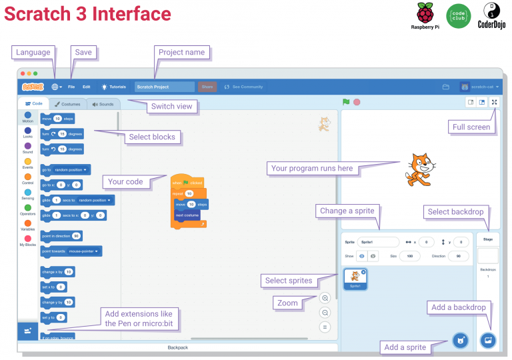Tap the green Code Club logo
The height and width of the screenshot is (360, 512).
458,15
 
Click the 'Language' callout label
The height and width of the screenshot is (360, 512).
33,52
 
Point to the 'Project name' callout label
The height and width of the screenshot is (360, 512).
182,52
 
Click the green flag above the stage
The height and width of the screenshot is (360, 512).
346,102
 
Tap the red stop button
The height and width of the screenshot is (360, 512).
357,102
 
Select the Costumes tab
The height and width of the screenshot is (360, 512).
67,104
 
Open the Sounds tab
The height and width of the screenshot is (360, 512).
103,104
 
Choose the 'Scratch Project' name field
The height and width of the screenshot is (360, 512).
164,87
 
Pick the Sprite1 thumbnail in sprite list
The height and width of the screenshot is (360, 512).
355,279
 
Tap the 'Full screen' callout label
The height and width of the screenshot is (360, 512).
472,127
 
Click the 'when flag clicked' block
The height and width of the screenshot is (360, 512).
187,182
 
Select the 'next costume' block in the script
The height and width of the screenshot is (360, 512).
187,215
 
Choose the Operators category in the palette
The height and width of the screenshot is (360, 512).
27,210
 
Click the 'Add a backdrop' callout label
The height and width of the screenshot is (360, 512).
459,307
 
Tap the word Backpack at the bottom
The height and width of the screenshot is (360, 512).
177,347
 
